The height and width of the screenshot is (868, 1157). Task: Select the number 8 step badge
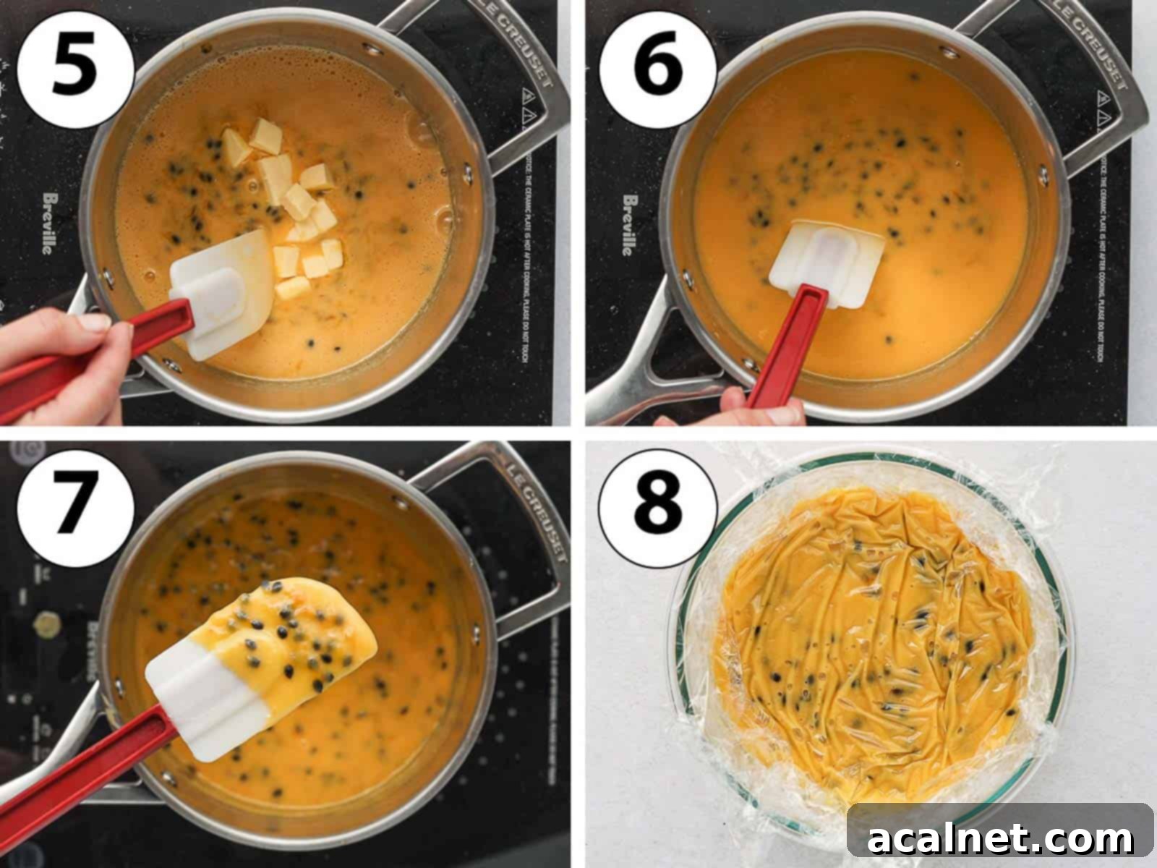[657, 502]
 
